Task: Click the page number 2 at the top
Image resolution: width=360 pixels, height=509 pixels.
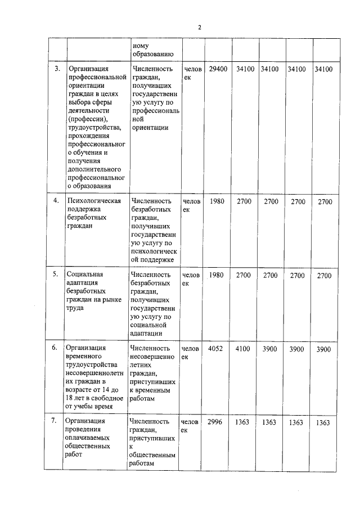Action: (199, 27)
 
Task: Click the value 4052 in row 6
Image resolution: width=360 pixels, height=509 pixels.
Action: (215, 349)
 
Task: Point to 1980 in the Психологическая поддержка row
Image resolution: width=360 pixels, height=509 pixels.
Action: (217, 201)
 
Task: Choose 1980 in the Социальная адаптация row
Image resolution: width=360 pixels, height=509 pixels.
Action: (217, 275)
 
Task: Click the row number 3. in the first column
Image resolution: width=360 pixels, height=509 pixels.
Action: (57, 69)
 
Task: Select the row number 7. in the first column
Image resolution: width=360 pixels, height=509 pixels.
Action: (54, 421)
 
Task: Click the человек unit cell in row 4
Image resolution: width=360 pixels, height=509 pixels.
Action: (191, 204)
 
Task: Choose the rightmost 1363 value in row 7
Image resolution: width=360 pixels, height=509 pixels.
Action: (323, 422)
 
